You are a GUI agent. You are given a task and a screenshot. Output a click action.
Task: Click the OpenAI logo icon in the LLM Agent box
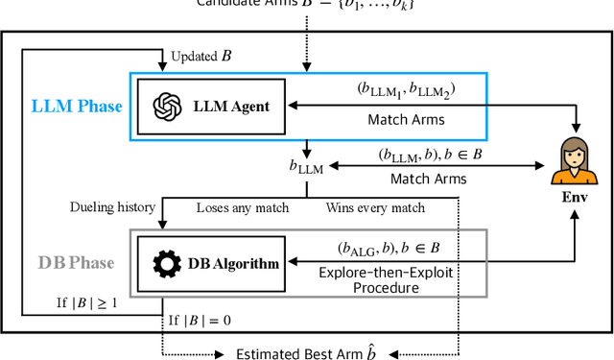pyautogui.click(x=167, y=106)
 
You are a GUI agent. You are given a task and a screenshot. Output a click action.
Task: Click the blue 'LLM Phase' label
pyautogui.click(x=79, y=106)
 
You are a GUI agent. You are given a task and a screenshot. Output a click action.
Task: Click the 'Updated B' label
pyautogui.click(x=201, y=57)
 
